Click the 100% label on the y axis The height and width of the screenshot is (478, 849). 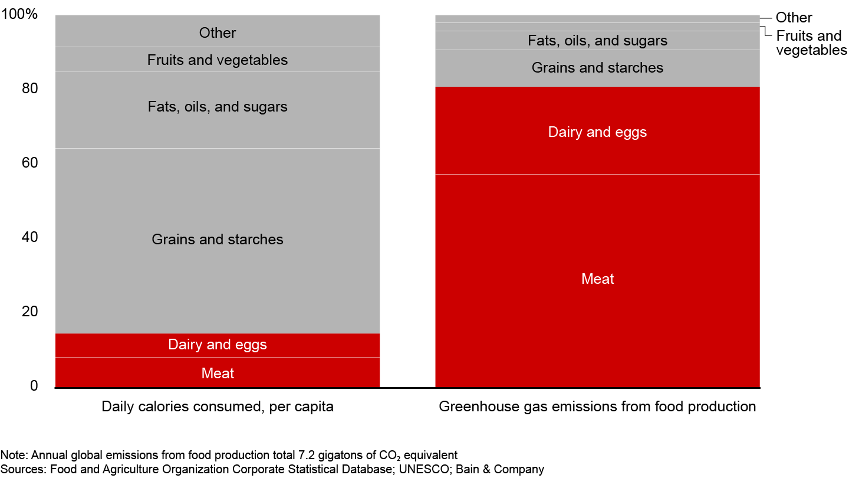[x=19, y=14]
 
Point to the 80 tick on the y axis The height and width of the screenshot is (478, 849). [x=29, y=89]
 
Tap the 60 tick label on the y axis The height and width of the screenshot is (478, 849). [x=29, y=163]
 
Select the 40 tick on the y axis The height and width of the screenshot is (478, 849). [x=29, y=237]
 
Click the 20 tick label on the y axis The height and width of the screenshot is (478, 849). [x=29, y=312]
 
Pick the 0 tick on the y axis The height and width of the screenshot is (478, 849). [x=34, y=386]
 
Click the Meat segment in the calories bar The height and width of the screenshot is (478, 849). [x=218, y=372]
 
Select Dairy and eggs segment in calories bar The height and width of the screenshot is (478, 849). [x=218, y=346]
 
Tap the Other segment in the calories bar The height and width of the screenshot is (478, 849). [x=218, y=31]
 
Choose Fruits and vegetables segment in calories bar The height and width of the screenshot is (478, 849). [x=218, y=60]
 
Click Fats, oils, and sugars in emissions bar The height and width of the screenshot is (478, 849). [x=597, y=41]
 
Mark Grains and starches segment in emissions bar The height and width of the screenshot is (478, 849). [x=597, y=68]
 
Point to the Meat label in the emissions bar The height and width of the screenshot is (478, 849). [x=597, y=279]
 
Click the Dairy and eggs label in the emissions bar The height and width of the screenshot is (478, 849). [x=597, y=132]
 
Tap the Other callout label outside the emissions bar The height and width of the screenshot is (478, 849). [x=794, y=18]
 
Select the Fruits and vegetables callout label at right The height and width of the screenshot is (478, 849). [x=811, y=43]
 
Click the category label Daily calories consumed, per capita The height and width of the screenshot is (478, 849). [x=218, y=407]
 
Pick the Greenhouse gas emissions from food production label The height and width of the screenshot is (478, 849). [x=597, y=407]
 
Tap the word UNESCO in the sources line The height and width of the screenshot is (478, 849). [x=424, y=469]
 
